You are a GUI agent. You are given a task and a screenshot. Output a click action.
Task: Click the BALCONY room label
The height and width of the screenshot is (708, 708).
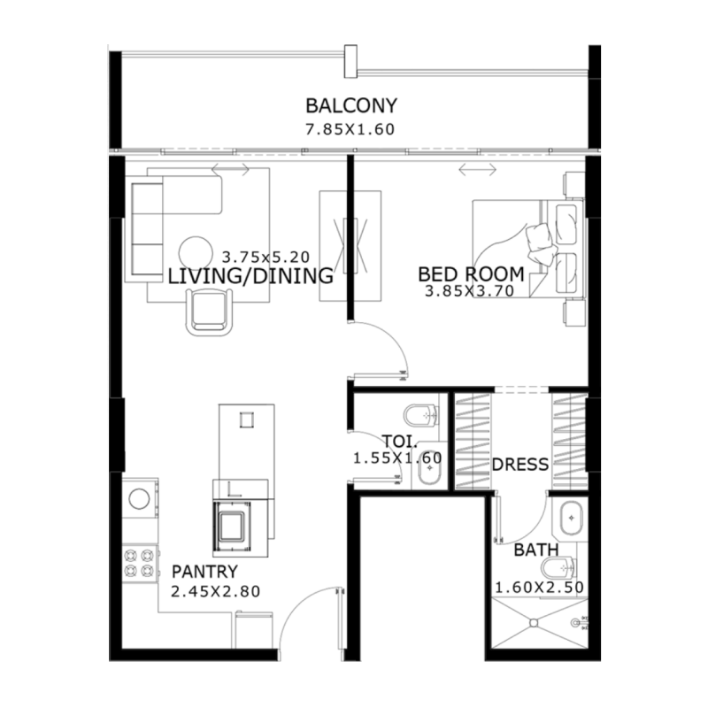[x=351, y=106]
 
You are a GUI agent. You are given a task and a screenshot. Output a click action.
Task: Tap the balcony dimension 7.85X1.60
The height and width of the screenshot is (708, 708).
[x=349, y=129]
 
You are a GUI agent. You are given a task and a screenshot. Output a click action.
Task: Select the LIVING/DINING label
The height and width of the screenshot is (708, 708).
[x=250, y=276]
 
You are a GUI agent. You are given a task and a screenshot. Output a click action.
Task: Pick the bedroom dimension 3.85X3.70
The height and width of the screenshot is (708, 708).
[x=469, y=290]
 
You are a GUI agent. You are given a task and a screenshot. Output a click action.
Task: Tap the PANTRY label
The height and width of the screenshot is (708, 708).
[x=204, y=572]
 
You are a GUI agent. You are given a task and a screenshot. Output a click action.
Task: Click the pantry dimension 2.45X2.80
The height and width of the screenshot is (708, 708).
[x=216, y=592]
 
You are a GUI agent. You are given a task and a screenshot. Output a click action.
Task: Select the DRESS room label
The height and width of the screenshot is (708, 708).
[x=519, y=464]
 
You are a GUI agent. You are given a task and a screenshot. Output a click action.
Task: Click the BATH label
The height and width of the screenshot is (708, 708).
[x=536, y=550]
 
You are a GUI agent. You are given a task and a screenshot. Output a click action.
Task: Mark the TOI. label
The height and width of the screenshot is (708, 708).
[x=394, y=441]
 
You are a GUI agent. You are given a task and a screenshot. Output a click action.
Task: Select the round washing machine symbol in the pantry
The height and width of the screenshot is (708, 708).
[x=138, y=498]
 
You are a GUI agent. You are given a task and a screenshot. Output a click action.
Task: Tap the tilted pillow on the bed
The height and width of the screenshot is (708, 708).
[x=537, y=236]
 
